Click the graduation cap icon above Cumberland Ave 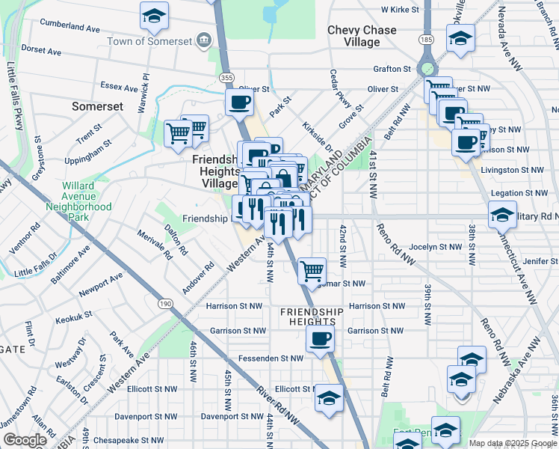154,16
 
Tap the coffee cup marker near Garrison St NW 320,339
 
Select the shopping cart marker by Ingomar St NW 312,270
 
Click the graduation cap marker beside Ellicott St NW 328,398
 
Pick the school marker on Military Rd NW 502,216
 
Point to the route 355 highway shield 226,77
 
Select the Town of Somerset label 149,42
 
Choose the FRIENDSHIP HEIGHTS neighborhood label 312,317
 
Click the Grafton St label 392,69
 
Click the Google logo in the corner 25,440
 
